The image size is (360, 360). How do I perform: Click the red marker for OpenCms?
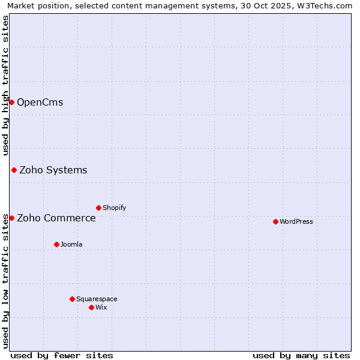[x=11, y=102]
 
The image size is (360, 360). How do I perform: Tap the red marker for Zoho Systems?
[x=14, y=170]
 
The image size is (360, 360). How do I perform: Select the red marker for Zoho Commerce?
[x=11, y=218]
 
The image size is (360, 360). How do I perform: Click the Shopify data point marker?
[x=98, y=208]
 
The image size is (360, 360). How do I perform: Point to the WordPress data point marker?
[x=275, y=221]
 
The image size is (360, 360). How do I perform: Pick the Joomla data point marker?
[x=56, y=244]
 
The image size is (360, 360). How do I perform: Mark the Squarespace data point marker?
[x=72, y=299]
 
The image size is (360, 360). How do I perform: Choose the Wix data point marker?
[x=91, y=307]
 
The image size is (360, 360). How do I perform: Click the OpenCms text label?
[x=40, y=102]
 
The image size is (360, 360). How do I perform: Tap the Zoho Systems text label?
[x=53, y=170]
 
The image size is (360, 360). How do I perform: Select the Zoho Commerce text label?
[x=56, y=218]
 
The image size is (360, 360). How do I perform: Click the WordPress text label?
[x=296, y=221]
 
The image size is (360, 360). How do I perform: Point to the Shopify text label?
[x=114, y=208]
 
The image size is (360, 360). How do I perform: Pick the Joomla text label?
[x=71, y=244]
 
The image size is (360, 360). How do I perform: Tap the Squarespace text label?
[x=97, y=299]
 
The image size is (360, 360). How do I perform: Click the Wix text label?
[x=101, y=307]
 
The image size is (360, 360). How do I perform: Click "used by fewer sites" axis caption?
[x=62, y=355]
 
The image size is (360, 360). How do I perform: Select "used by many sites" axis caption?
[x=301, y=355]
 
